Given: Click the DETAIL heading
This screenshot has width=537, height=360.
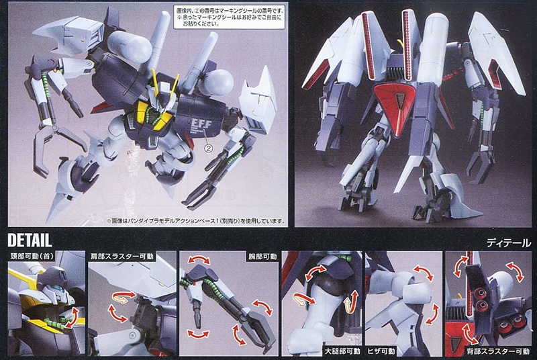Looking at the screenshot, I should (31, 240).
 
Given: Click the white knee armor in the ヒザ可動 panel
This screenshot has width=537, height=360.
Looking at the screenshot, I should (396, 296).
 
